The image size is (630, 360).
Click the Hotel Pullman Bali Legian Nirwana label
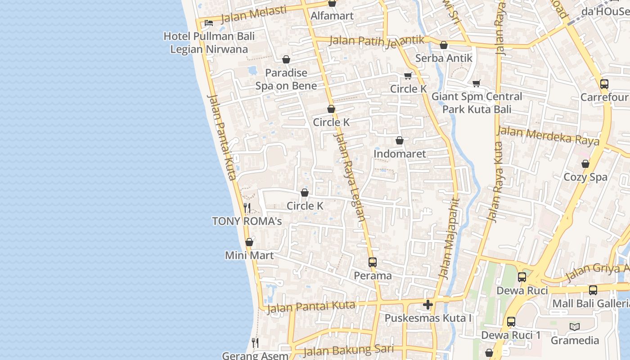(x=209, y=42)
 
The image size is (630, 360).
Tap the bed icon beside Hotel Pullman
(x=208, y=22)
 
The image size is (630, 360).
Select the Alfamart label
(x=332, y=16)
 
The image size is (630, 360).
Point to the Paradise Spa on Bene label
(x=286, y=79)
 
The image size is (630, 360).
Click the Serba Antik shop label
(x=444, y=58)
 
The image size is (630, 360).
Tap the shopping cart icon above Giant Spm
(x=477, y=83)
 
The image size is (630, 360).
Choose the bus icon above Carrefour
(x=604, y=84)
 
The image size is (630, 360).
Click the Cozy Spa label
(x=585, y=177)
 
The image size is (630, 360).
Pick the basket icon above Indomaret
(x=399, y=141)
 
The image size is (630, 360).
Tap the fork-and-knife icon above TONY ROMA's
(x=247, y=207)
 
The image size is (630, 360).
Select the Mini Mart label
(x=249, y=256)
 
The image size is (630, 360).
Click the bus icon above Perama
(x=372, y=262)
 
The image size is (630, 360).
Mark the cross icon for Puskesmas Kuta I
(x=427, y=305)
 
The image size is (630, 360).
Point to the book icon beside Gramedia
(x=574, y=327)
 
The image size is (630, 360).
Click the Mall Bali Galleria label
(x=591, y=303)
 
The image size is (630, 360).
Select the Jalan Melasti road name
(x=254, y=14)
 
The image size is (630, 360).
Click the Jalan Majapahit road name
(x=450, y=238)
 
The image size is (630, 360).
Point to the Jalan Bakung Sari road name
(x=348, y=350)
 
